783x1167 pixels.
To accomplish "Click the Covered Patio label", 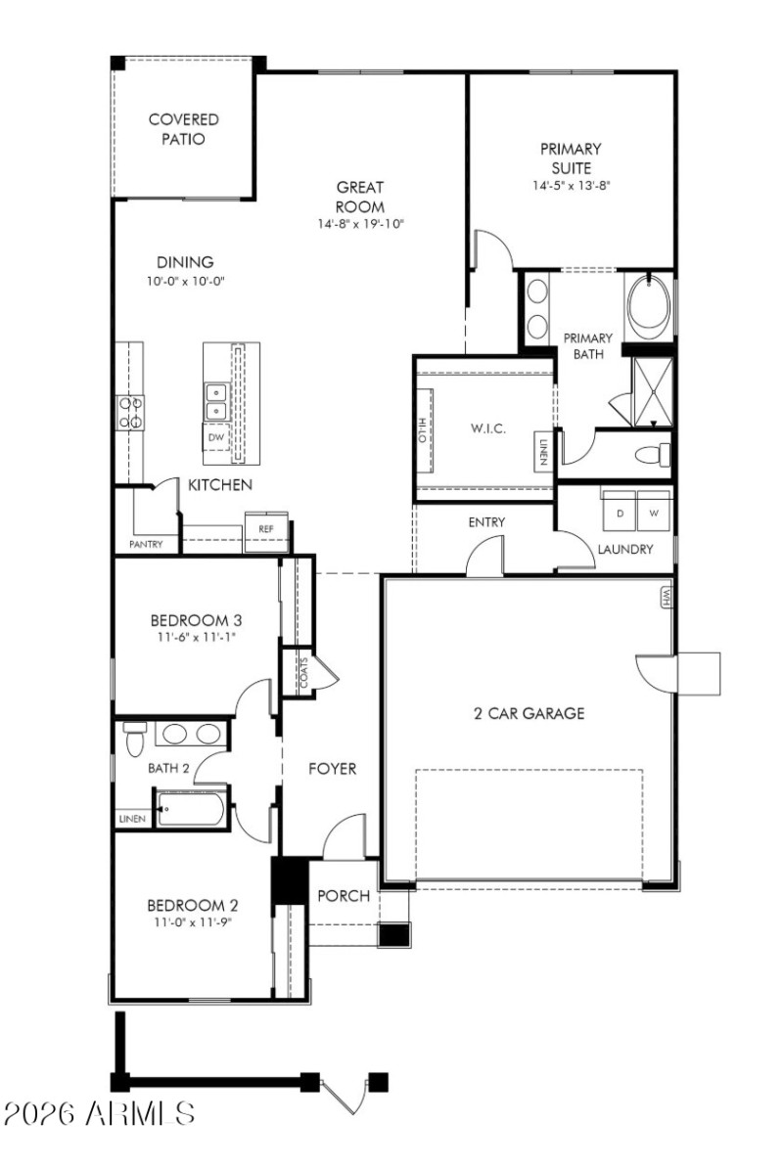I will click(x=183, y=129).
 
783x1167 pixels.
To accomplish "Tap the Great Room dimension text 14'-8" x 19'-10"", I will click(x=359, y=224).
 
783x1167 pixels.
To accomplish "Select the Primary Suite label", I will click(x=571, y=157).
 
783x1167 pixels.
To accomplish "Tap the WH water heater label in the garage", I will click(x=667, y=596).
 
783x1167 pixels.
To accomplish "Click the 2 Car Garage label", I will click(x=529, y=713).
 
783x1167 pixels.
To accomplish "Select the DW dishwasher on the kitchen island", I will click(x=215, y=437).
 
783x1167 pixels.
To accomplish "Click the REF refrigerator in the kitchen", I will click(x=265, y=529).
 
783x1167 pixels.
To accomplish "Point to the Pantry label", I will click(x=146, y=544).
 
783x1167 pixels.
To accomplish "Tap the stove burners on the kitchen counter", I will click(x=130, y=411).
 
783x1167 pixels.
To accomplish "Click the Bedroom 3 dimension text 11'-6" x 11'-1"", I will click(x=196, y=637).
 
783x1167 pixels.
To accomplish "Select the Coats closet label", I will click(x=303, y=673).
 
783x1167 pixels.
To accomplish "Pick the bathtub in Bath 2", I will click(x=193, y=810).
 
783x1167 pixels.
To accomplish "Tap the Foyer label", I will click(x=333, y=769).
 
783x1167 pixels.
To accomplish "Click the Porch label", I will click(x=344, y=895).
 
